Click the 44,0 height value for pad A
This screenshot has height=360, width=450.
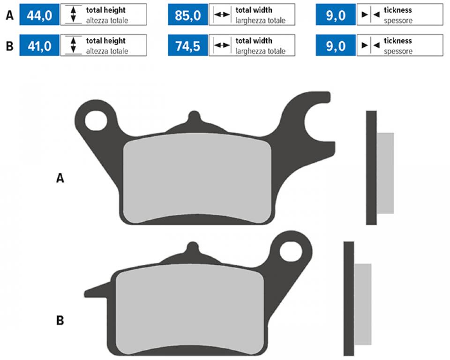pyautogui.click(x=39, y=15)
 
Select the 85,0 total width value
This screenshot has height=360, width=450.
pyautogui.click(x=187, y=15)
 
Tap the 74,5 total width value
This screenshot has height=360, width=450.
pyautogui.click(x=187, y=45)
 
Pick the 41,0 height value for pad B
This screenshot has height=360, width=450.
pyautogui.click(x=39, y=45)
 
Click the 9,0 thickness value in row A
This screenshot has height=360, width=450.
pyautogui.click(x=336, y=15)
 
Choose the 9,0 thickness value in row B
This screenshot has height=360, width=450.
pyautogui.click(x=336, y=45)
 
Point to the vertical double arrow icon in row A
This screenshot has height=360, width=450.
pyautogui.click(x=73, y=15)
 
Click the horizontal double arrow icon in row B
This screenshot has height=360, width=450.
pyautogui.click(x=222, y=45)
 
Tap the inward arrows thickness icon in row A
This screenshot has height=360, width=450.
pyautogui.click(x=370, y=15)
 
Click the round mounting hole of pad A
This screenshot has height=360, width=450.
pyautogui.click(x=96, y=120)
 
